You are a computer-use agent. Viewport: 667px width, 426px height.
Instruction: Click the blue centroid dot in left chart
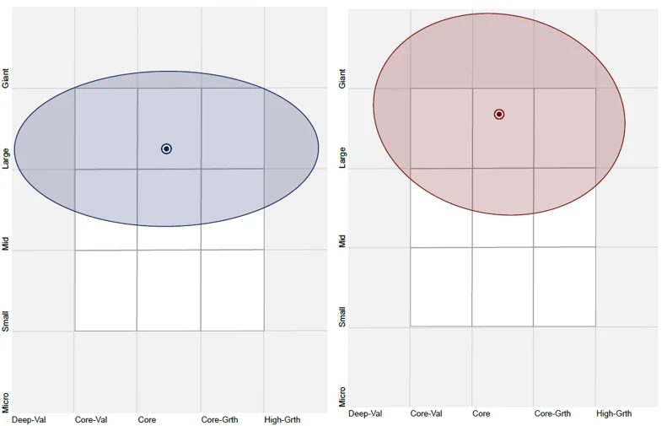click(166, 148)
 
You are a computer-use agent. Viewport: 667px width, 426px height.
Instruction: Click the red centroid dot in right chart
click(499, 114)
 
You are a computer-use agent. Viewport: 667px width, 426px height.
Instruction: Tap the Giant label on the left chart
click(6, 79)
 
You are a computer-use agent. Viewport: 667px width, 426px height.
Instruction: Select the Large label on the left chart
click(6, 158)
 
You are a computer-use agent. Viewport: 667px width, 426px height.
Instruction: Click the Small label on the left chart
click(6, 321)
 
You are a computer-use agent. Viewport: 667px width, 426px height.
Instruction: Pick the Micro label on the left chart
click(6, 402)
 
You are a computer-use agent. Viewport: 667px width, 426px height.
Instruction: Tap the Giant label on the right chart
click(342, 79)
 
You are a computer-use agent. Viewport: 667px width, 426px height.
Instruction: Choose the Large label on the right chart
click(342, 157)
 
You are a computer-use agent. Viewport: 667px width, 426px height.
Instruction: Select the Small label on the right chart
click(342, 317)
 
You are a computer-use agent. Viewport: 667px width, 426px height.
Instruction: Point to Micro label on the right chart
click(342, 396)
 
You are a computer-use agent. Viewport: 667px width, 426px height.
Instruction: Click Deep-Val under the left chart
click(30, 418)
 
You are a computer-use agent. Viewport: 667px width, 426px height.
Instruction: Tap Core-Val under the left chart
click(91, 418)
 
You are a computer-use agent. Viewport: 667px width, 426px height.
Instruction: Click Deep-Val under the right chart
click(365, 413)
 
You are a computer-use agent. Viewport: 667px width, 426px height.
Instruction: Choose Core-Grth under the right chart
click(552, 413)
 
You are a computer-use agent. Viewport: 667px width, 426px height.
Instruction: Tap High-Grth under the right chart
click(614, 413)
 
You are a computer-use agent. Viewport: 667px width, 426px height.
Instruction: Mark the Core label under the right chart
click(481, 413)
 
